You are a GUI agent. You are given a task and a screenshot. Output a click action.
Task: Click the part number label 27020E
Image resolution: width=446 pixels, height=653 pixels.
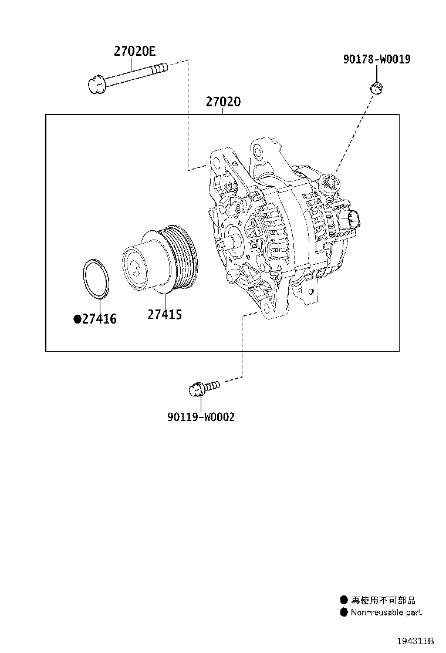pyautogui.click(x=134, y=51)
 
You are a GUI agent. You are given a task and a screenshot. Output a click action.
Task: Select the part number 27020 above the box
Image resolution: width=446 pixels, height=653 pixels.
pyautogui.click(x=223, y=102)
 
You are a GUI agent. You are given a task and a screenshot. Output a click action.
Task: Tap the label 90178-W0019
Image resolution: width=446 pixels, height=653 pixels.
pyautogui.click(x=377, y=59)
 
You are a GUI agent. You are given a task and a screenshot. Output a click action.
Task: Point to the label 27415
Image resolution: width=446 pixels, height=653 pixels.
pyautogui.click(x=164, y=315)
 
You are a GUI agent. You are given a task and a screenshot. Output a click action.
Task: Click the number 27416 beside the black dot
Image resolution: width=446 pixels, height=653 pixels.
pyautogui.click(x=99, y=319)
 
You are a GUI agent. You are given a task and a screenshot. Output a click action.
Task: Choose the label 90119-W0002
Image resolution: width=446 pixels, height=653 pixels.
pyautogui.click(x=201, y=417)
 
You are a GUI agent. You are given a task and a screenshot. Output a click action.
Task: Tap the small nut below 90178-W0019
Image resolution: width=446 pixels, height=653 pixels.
pyautogui.click(x=376, y=88)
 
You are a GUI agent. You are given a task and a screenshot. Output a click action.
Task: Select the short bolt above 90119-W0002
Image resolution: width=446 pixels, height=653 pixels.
pyautogui.click(x=203, y=388)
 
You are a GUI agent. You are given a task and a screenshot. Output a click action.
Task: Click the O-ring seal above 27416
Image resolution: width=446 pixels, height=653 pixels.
pyautogui.click(x=94, y=278)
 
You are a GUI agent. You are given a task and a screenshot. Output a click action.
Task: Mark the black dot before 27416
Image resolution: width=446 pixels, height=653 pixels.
pyautogui.click(x=76, y=319)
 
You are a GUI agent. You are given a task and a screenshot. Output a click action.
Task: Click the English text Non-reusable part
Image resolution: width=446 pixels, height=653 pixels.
pyautogui.click(x=386, y=612)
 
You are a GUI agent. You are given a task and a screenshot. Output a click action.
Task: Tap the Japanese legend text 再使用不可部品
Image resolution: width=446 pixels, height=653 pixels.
pyautogui.click(x=383, y=600)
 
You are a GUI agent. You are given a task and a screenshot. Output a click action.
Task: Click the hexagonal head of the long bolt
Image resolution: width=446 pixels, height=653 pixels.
pyautogui.click(x=96, y=85)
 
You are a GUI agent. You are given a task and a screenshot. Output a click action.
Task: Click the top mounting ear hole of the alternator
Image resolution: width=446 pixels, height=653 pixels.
pyautogui.click(x=256, y=152)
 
